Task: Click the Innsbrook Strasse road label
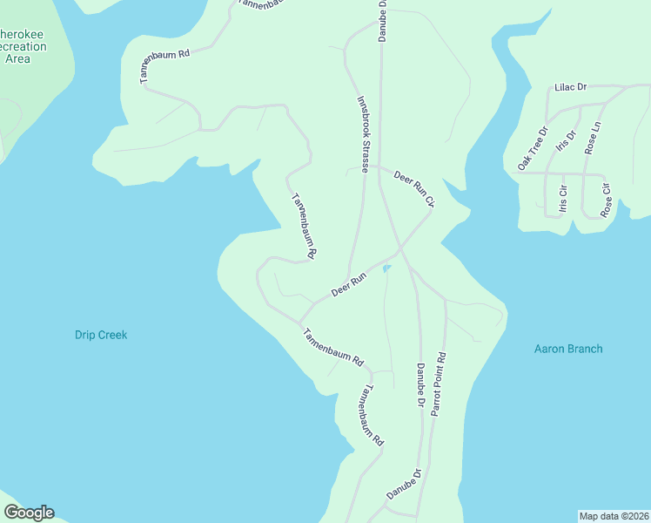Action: pyautogui.click(x=364, y=134)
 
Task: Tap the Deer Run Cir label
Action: pyautogui.click(x=413, y=188)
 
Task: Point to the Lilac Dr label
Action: pyautogui.click(x=571, y=88)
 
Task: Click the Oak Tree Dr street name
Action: pyautogui.click(x=533, y=149)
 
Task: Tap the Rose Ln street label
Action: pyautogui.click(x=594, y=139)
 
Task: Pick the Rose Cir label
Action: pyautogui.click(x=606, y=200)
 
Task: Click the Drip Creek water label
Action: pyautogui.click(x=101, y=335)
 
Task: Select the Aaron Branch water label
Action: pyautogui.click(x=567, y=349)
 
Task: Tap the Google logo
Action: pyautogui.click(x=29, y=513)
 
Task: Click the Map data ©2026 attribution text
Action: pyautogui.click(x=614, y=516)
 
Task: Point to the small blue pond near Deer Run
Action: pyautogui.click(x=387, y=268)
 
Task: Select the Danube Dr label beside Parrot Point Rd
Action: pyautogui.click(x=419, y=386)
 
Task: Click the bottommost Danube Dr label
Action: pyautogui.click(x=404, y=484)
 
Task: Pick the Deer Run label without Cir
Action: pyautogui.click(x=349, y=283)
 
